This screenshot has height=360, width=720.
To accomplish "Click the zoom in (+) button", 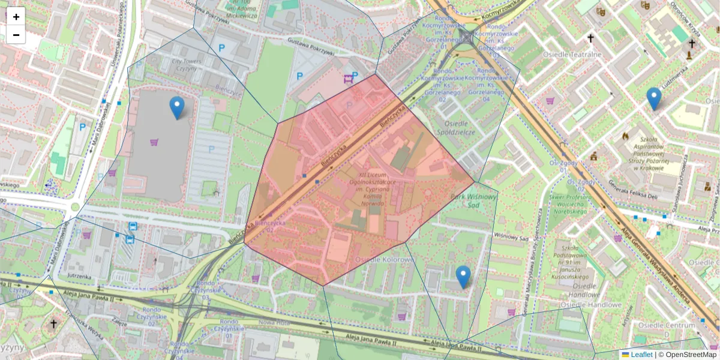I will click(16, 17).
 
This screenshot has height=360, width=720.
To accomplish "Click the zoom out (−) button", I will click(16, 35).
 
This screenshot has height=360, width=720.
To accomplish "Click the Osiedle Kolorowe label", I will click(384, 259).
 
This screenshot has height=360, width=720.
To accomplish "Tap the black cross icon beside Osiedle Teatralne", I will click(590, 38).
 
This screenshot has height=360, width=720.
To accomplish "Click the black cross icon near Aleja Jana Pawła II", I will click(53, 324).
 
